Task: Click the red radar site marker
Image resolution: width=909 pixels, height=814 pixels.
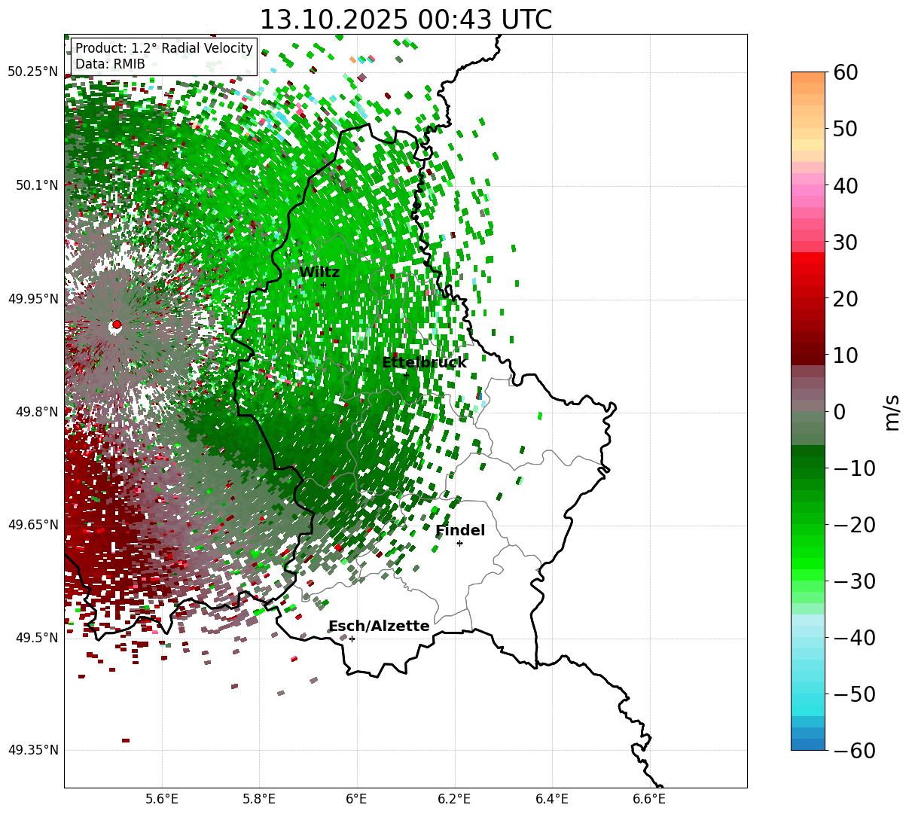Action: click(x=116, y=325)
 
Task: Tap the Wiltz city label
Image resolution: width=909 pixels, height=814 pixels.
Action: click(x=319, y=273)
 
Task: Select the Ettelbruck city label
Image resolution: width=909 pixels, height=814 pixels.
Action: click(x=424, y=363)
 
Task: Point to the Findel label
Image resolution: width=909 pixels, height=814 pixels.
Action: click(x=460, y=531)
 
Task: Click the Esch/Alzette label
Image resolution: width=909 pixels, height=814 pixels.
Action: click(x=379, y=627)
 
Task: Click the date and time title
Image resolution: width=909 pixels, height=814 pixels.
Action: click(x=405, y=20)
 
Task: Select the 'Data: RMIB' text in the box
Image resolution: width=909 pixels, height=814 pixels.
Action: click(x=110, y=65)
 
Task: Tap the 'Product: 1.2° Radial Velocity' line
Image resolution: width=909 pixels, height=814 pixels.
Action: click(x=163, y=49)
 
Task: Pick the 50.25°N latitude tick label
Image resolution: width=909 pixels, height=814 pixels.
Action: click(x=32, y=72)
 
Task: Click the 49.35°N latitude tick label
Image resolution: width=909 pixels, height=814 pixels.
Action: click(x=32, y=751)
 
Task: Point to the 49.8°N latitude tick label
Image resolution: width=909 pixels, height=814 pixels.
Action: click(x=35, y=412)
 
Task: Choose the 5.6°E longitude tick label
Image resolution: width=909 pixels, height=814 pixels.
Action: click(x=162, y=799)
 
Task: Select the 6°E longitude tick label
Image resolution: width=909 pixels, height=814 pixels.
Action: click(x=356, y=799)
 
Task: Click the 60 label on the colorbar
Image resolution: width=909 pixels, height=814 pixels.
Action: click(x=846, y=73)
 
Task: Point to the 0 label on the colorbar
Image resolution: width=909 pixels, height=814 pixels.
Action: click(x=839, y=412)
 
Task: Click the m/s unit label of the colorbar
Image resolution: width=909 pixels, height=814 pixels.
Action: click(x=892, y=412)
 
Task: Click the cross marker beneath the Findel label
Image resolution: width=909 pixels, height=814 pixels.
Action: click(x=459, y=543)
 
